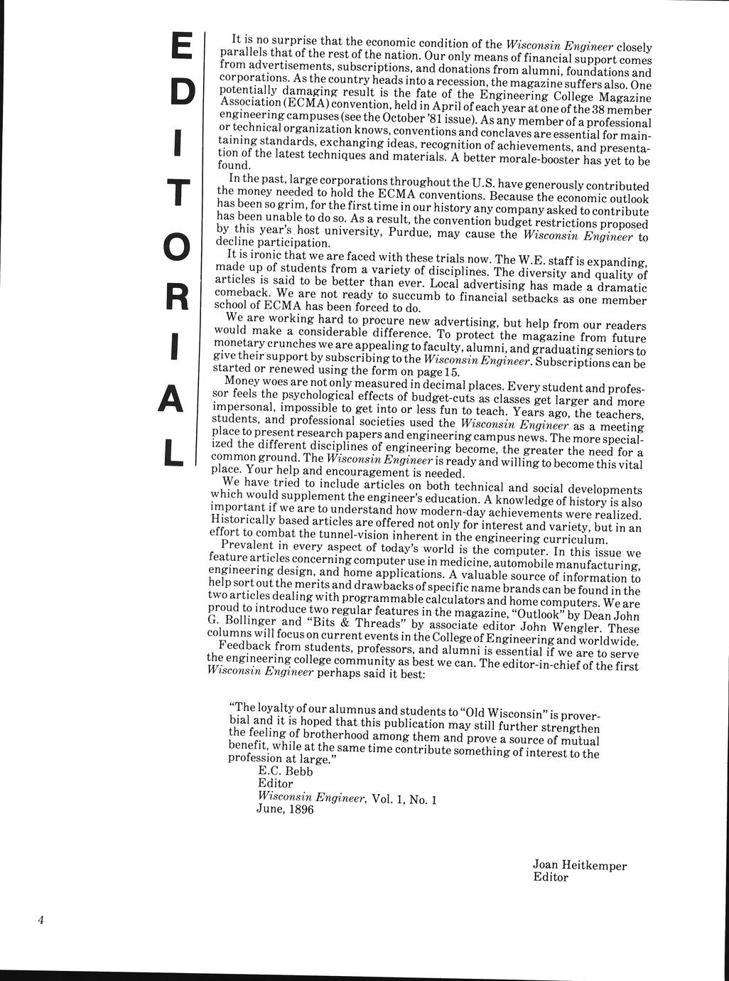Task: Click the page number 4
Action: [41, 921]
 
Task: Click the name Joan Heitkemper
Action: [579, 866]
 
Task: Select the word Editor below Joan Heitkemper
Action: [551, 878]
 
